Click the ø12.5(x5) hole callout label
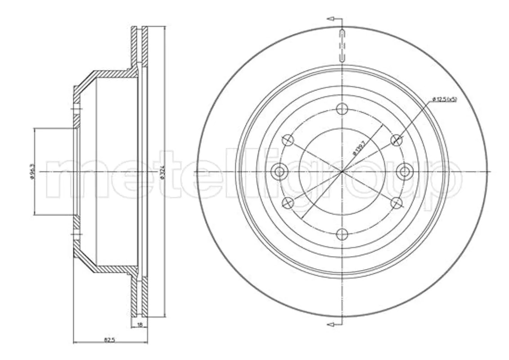tap(444, 99)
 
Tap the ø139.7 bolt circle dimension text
tap(360, 147)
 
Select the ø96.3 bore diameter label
tap(32, 171)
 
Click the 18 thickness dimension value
tap(140, 324)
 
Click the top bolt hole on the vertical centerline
tap(342, 108)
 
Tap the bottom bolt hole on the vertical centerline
tap(342, 234)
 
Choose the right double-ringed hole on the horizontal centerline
tap(405, 171)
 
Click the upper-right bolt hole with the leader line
tap(396, 140)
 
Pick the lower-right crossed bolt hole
tap(396, 202)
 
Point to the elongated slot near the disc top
tap(342, 45)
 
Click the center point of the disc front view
tap(342, 171)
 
